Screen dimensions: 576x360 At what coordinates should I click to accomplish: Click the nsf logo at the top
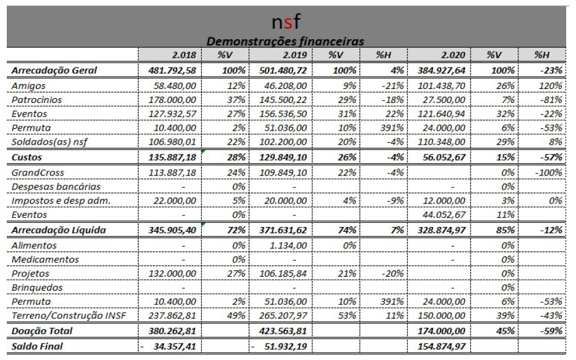(x=286, y=22)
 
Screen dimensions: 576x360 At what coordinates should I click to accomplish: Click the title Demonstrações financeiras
(x=285, y=41)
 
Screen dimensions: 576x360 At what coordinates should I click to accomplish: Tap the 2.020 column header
(x=453, y=55)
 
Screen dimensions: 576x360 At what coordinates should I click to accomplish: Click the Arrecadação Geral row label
(x=54, y=71)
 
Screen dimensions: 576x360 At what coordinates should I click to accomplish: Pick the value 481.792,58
(x=172, y=71)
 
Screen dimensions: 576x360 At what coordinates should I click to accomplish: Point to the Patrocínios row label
(x=37, y=100)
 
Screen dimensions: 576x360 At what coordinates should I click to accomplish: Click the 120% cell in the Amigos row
(x=550, y=86)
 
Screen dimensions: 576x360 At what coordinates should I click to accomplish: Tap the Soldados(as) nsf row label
(x=49, y=142)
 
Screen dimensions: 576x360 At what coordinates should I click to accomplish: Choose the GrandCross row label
(x=38, y=173)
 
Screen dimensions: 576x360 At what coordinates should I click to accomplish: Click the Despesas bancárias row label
(x=56, y=186)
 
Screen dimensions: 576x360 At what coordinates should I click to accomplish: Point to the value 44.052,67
(x=444, y=215)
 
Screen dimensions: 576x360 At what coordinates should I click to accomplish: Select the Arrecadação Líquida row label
(x=59, y=231)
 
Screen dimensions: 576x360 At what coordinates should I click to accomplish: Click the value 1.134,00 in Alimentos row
(x=288, y=245)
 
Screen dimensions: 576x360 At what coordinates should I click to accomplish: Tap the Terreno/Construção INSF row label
(x=69, y=316)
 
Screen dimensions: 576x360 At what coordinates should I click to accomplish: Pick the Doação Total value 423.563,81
(x=283, y=331)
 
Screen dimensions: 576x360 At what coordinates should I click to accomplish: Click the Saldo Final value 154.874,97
(x=442, y=347)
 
